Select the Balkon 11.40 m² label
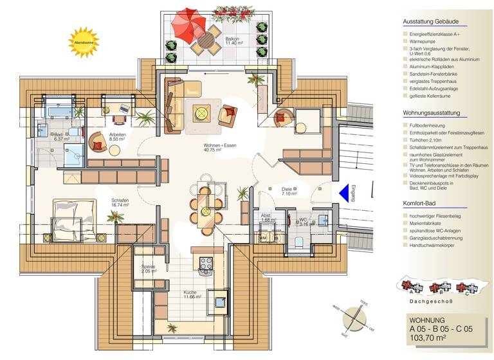[232, 42]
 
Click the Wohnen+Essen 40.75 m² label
[221, 148]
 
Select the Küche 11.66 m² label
[192, 294]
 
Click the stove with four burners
[206, 262]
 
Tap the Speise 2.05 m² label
[149, 269]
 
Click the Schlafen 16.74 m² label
[120, 203]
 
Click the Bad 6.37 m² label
[61, 136]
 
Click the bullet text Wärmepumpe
[422, 40]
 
